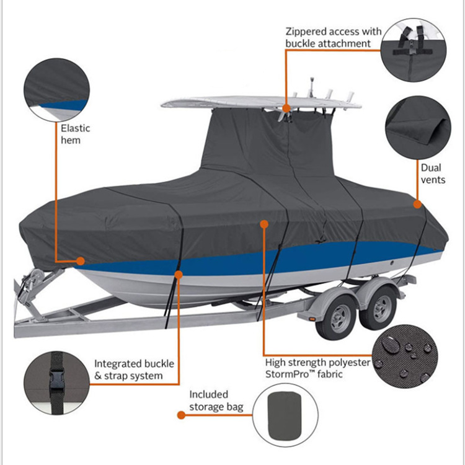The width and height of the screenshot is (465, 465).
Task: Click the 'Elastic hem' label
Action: [x=75, y=134]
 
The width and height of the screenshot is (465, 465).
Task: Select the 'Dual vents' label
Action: [x=433, y=174]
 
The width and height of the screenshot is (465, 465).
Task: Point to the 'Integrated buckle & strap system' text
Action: [x=134, y=370]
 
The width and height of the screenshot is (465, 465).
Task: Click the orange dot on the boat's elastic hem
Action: [x=81, y=261]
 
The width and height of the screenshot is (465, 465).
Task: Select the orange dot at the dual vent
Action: [x=417, y=204]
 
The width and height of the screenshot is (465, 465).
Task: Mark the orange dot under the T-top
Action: [x=286, y=108]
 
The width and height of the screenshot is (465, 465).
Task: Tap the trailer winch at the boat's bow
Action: [x=28, y=287]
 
